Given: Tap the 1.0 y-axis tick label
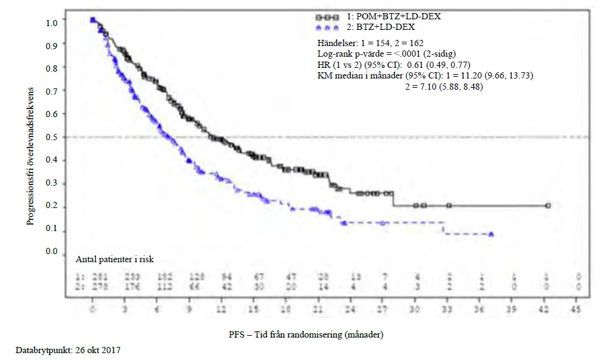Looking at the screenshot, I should click(x=53, y=22).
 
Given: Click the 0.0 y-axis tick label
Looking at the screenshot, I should click(x=53, y=252).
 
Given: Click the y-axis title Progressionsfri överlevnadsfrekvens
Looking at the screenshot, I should click(x=30, y=149).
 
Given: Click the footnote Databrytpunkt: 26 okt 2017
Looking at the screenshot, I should click(x=60, y=351).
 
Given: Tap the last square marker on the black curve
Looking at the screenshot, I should click(x=548, y=205).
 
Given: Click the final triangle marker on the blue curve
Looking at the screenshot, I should click(x=492, y=234).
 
